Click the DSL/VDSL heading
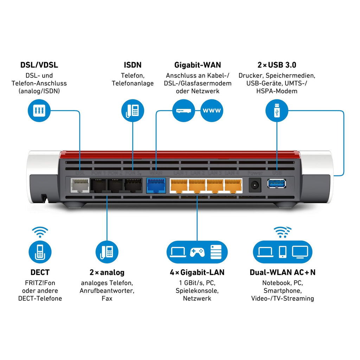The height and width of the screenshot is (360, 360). tap(39, 65)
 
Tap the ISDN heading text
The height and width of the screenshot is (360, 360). tap(133, 65)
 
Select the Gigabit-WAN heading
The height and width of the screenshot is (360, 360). tap(198, 65)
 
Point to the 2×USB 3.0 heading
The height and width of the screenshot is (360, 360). tap(277, 65)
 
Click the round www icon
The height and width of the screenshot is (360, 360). tap(212, 110)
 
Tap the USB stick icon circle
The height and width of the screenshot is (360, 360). tap(277, 110)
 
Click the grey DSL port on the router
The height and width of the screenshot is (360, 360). tap(80, 185)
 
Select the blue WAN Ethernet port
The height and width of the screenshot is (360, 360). tap(155, 185)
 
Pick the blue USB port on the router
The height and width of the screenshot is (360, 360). tap(277, 184)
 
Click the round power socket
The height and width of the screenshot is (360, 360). tap(255, 185)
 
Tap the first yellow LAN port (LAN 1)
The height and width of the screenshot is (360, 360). tap(179, 185)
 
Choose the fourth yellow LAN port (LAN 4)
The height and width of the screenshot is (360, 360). tap(233, 185)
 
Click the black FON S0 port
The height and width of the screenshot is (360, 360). tap(134, 185)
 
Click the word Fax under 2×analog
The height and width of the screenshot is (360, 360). tap(107, 298)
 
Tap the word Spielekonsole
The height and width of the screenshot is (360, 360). tap(197, 291)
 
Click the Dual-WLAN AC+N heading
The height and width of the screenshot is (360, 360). tap(282, 272)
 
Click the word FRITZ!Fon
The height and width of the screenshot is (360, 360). tap(40, 283)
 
